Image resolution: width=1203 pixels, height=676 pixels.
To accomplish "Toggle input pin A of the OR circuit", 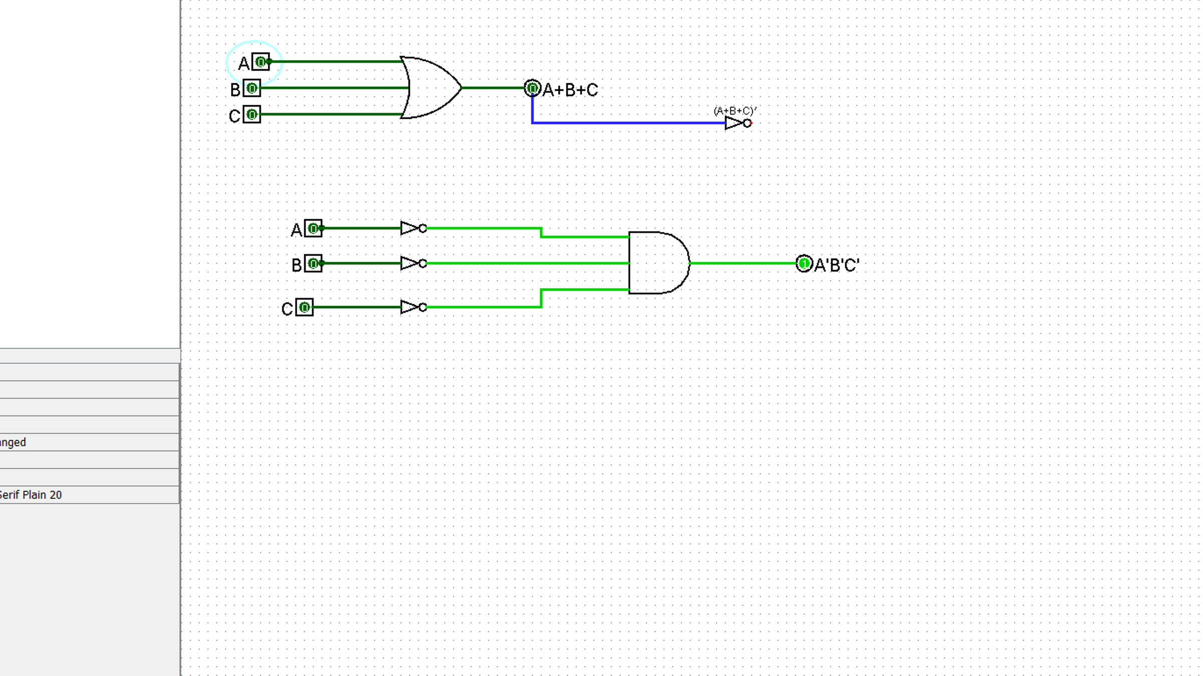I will click(x=261, y=62).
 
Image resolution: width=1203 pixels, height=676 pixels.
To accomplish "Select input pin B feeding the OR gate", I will click(x=252, y=89).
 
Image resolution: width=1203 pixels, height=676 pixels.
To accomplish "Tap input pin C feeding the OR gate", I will click(x=252, y=115).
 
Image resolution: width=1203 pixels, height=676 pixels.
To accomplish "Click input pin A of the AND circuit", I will click(x=313, y=229).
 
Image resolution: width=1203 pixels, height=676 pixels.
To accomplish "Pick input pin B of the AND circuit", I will click(x=313, y=264).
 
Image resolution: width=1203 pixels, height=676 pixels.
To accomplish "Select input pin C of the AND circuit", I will click(x=304, y=307).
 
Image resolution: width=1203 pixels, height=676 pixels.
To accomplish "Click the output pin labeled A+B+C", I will click(x=532, y=89).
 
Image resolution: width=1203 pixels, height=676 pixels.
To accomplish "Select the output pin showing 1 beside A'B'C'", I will click(x=804, y=264).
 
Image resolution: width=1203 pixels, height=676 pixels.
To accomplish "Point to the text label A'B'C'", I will click(x=837, y=265).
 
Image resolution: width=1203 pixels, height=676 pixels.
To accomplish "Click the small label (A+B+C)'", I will click(x=735, y=111).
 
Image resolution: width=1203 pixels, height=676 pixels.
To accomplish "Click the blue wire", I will click(x=626, y=122).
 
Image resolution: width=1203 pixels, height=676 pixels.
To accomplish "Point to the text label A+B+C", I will click(x=570, y=90).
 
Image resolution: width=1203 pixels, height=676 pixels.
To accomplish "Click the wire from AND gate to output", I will click(x=742, y=263).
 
